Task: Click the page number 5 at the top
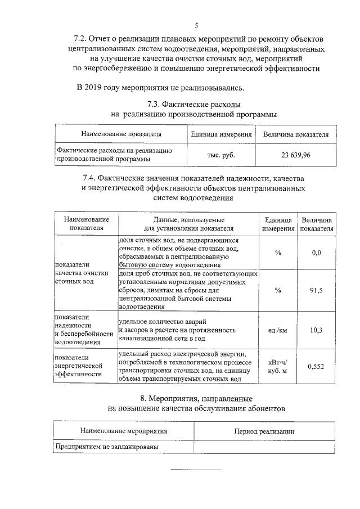pos(196,25)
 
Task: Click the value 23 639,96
pos(296,155)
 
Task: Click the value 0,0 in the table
pos(316,253)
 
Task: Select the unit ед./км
pos(278,330)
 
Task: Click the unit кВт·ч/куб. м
pos(278,366)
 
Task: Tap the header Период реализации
pos(264,431)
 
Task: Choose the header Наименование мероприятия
pos(124,431)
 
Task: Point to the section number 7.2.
pos(83,38)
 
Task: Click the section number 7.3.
pos(155,104)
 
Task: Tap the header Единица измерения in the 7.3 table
pos(221,134)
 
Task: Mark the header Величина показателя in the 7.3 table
pos(296,134)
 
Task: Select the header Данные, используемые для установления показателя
pos(188,224)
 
